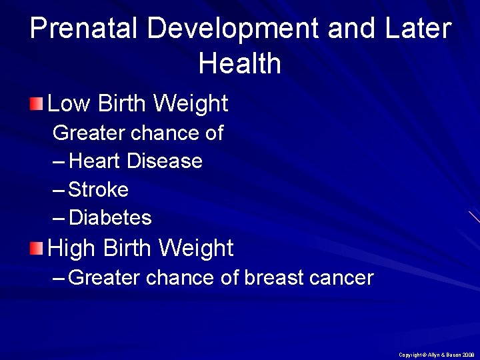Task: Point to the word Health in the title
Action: (x=240, y=64)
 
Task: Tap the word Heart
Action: (x=95, y=161)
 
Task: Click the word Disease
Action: (x=165, y=161)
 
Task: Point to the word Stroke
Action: (x=99, y=190)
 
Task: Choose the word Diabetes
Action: (x=110, y=218)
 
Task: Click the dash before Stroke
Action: (x=59, y=191)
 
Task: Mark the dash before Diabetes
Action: (x=59, y=219)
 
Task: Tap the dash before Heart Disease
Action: (x=59, y=161)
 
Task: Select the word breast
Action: (x=275, y=277)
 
